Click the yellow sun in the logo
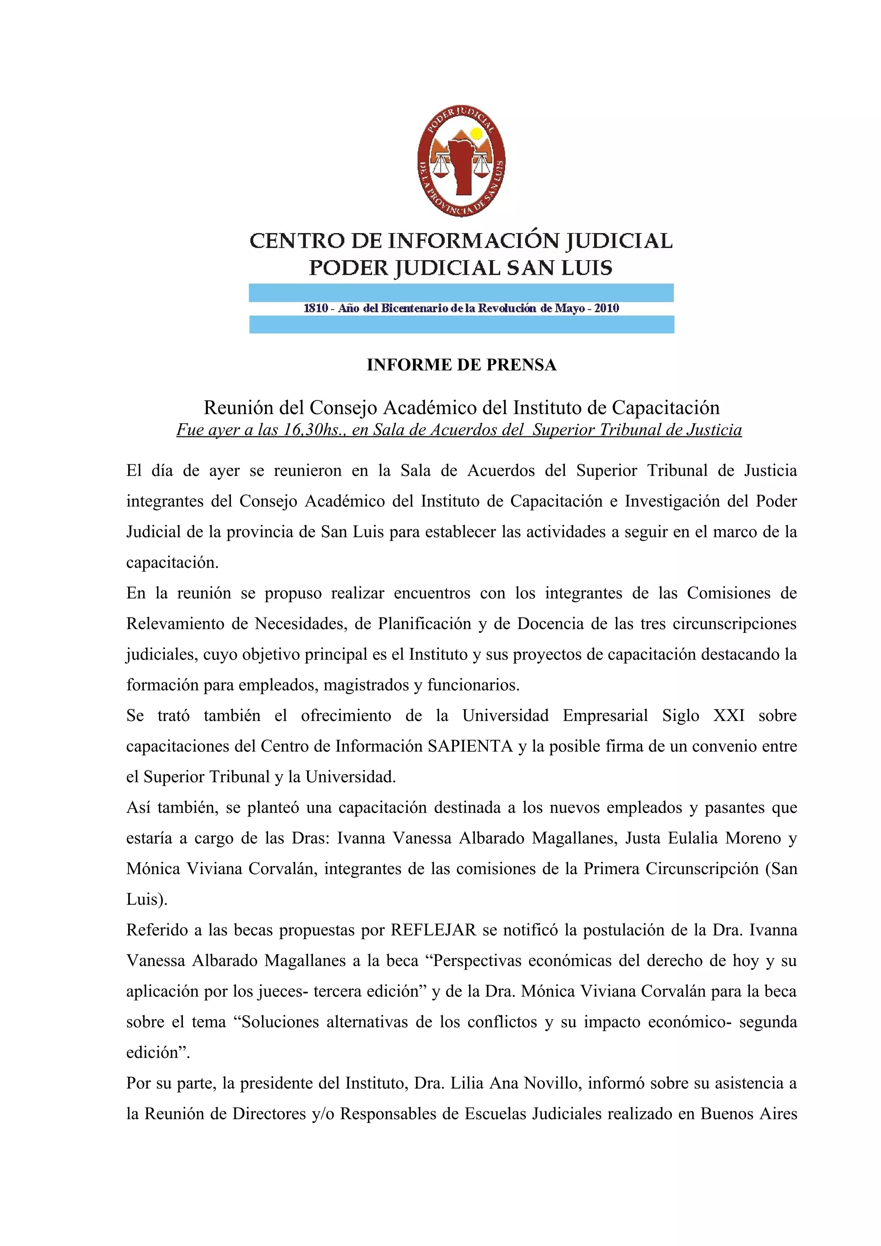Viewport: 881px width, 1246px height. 476,133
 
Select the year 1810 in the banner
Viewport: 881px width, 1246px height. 315,308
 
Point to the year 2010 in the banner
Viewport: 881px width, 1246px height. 606,308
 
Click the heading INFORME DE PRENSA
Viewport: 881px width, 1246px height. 462,365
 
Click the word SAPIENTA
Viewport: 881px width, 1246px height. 470,746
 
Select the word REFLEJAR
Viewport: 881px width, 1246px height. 433,930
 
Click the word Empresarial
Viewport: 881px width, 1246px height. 605,715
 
